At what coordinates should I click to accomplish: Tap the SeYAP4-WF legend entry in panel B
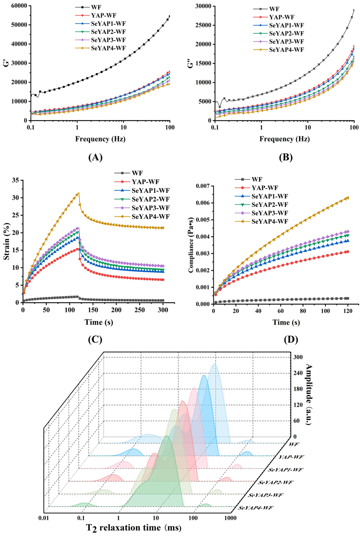click(x=286, y=50)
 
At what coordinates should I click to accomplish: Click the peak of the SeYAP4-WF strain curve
click(x=78, y=193)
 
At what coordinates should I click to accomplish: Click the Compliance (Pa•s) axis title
click(x=192, y=245)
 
